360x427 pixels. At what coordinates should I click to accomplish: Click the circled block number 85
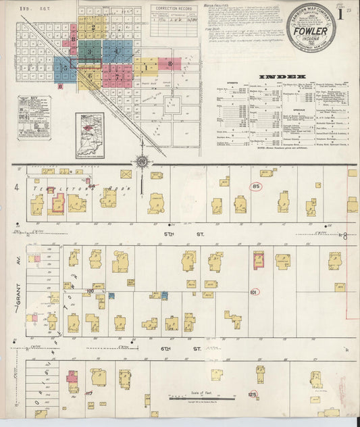[255, 186]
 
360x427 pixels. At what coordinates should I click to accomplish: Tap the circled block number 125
[253, 394]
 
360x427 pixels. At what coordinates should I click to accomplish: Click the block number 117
[88, 394]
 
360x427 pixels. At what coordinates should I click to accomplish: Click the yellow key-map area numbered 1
[145, 67]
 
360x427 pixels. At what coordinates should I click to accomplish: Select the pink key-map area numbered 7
[119, 76]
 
